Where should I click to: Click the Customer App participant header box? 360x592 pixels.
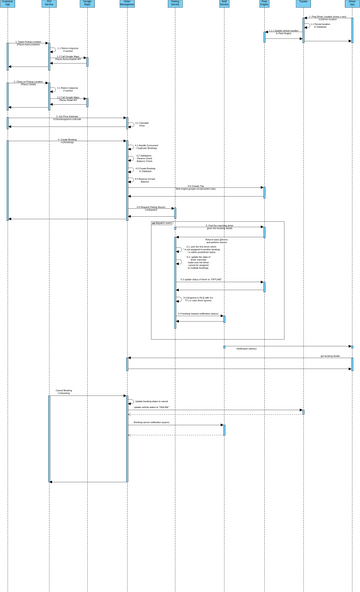[x=7, y=4]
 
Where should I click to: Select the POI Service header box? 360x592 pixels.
[x=49, y=4]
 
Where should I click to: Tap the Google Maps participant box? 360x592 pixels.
[x=87, y=4]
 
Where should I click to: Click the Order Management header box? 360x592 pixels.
[x=127, y=4]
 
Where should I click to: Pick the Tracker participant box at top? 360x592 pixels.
[x=303, y=4]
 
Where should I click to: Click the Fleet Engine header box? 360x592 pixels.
[x=264, y=4]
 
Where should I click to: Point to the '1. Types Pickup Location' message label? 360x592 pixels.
[x=28, y=43]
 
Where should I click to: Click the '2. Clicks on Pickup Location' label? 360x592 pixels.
[x=28, y=83]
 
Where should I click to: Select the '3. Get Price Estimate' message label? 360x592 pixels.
[x=67, y=117]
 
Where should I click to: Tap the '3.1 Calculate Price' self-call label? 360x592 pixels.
[x=143, y=124]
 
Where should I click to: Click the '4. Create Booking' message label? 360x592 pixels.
[x=67, y=141]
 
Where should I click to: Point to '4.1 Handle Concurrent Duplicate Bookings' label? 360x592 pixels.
[x=146, y=147]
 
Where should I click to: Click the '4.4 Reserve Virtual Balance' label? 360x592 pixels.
[x=145, y=180]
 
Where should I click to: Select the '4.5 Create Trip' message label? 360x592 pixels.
[x=195, y=187]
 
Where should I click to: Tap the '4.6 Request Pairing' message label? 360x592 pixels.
[x=150, y=208]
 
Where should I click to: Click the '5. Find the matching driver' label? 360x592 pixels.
[x=219, y=227]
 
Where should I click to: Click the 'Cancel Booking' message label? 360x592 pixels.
[x=63, y=392]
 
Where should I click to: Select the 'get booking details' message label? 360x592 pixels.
[x=330, y=356]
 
